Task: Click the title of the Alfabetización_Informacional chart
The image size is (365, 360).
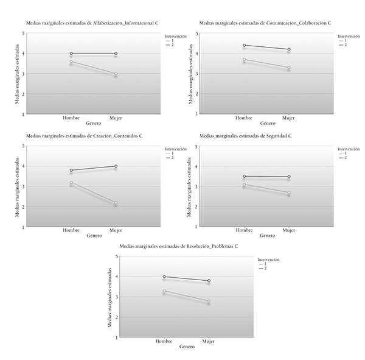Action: point(92,23)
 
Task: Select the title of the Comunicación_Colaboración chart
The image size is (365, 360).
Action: point(265,23)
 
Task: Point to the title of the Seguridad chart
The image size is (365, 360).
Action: point(245,135)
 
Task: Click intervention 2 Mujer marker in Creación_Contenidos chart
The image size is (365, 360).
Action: point(116,166)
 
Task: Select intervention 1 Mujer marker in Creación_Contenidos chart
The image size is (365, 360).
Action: point(116,203)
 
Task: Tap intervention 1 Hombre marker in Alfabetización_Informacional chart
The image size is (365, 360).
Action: point(71,62)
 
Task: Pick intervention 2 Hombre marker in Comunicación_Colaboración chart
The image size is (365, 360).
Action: point(244,45)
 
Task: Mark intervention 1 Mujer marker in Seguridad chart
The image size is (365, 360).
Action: point(288,192)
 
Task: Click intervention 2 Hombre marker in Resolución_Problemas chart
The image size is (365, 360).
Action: point(164,277)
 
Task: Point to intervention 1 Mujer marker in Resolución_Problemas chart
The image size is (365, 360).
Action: point(209,301)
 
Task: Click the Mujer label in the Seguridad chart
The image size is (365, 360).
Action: point(288,230)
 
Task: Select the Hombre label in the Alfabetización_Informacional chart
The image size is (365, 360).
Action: point(71,118)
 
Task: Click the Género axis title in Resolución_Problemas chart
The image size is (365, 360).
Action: point(186,347)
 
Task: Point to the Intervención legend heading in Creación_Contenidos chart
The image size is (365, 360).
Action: point(175,148)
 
